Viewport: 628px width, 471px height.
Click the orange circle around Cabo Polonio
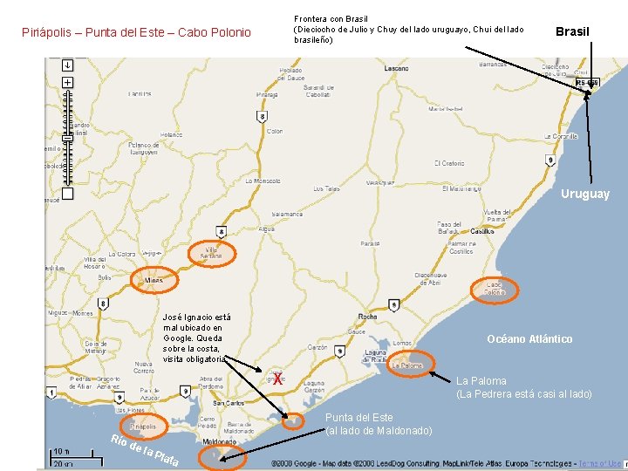pyautogui.click(x=495, y=289)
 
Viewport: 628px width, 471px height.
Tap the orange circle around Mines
pyautogui.click(x=154, y=280)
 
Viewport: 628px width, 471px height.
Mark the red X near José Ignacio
pyautogui.click(x=277, y=379)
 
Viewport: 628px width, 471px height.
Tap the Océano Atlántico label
pyautogui.click(x=529, y=339)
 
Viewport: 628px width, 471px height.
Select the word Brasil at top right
pyautogui.click(x=572, y=31)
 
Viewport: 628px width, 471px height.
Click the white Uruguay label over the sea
pyautogui.click(x=585, y=195)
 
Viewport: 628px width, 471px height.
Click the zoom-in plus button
pyautogui.click(x=67, y=82)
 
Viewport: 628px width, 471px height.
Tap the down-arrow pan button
pyautogui.click(x=67, y=65)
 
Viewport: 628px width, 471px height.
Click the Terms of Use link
pyautogui.click(x=600, y=463)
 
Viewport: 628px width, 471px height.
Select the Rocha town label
pyautogui.click(x=368, y=317)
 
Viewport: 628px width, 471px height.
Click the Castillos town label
pyautogui.click(x=482, y=232)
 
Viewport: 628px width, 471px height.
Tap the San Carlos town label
pyautogui.click(x=229, y=403)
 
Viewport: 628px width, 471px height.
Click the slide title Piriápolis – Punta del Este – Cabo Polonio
pyautogui.click(x=135, y=33)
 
